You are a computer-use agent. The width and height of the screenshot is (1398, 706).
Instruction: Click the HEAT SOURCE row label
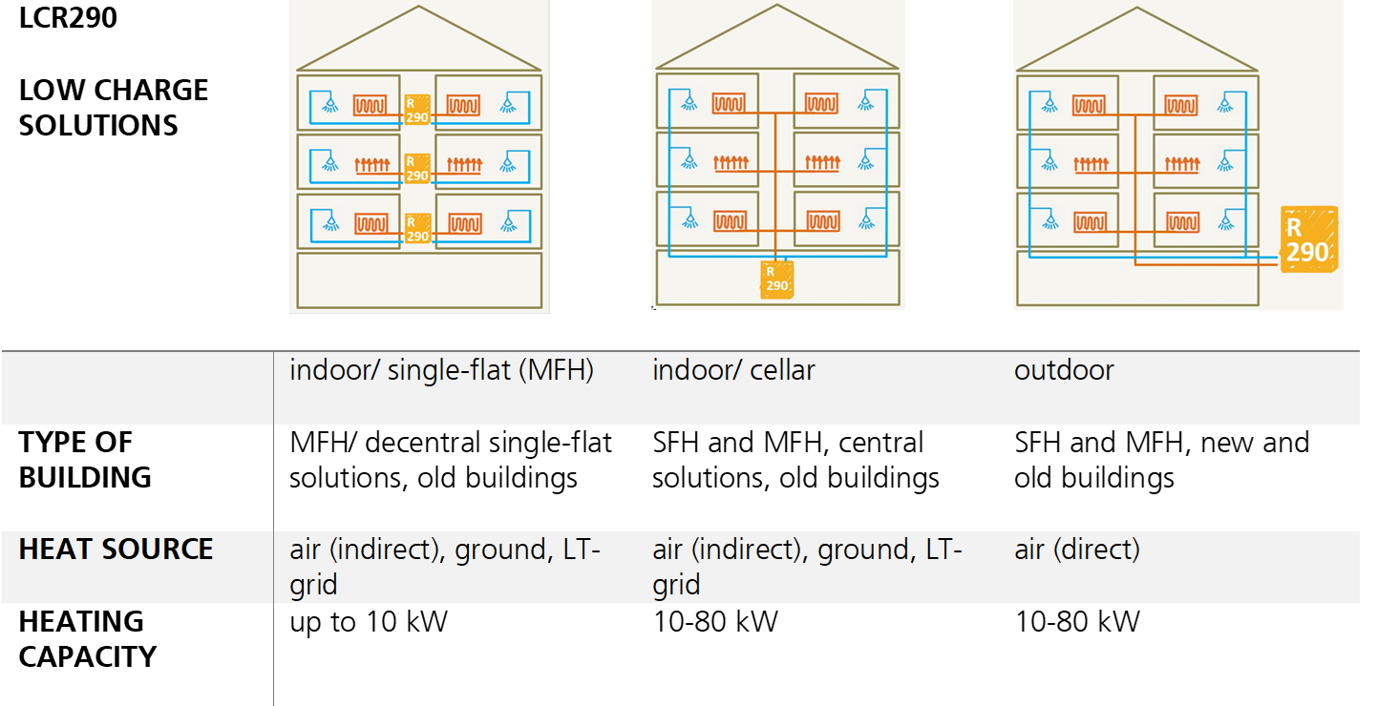[x=116, y=550]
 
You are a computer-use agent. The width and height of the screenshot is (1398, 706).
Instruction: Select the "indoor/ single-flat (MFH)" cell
[x=441, y=370]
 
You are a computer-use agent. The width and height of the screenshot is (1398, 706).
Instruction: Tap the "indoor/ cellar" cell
[x=733, y=370]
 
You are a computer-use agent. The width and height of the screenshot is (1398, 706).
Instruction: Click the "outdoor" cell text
[x=1064, y=370]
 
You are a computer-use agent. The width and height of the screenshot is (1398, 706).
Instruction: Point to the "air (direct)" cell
[x=1076, y=550]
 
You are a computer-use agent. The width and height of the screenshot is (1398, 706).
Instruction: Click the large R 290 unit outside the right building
[x=1307, y=239]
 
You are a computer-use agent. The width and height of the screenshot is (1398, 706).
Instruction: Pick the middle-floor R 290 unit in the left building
[x=417, y=169]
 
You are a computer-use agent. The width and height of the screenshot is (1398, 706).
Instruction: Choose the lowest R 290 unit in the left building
[x=417, y=228]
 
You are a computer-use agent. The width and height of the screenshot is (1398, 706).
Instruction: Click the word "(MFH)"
[x=556, y=370]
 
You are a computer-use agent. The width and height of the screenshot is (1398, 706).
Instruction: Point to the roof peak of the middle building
[x=778, y=8]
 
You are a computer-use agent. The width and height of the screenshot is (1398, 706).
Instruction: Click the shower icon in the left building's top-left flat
[x=329, y=103]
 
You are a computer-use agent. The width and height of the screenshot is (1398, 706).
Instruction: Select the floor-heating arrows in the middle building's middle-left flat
[x=731, y=163]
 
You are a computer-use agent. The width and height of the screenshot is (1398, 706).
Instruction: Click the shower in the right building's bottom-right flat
[x=1225, y=221]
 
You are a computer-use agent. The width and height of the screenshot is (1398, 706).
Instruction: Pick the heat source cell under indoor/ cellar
[x=807, y=567]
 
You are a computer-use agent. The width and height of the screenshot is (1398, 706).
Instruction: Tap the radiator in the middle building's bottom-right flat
[x=822, y=221]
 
